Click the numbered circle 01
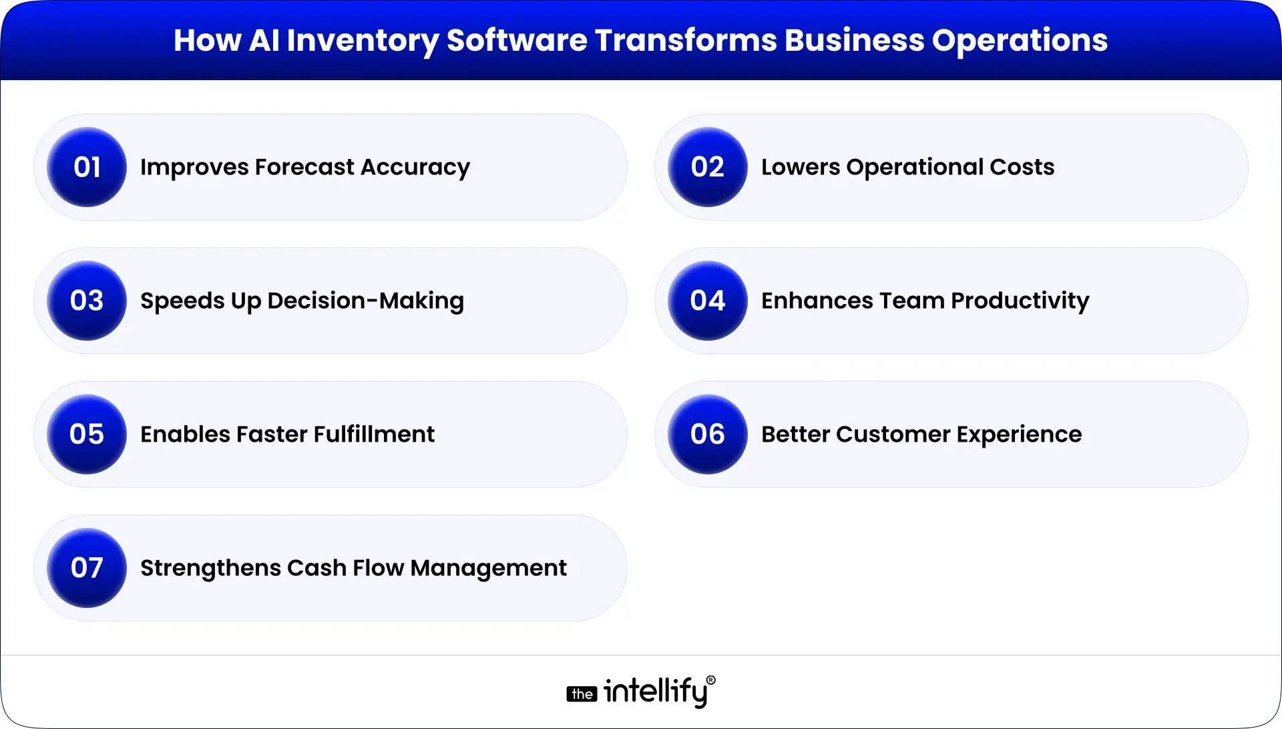87,167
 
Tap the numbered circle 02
707,167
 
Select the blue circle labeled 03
87,301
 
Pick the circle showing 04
707,301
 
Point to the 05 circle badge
87,434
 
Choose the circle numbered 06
707,434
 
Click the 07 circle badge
87,568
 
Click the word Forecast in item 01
304,167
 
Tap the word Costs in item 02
1022,167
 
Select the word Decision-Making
365,301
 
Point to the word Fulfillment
374,434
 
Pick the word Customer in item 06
893,434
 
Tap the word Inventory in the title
363,41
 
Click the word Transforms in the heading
686,40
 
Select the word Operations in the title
1020,41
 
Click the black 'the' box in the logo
582,694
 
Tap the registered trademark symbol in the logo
710,680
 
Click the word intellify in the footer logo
655,692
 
